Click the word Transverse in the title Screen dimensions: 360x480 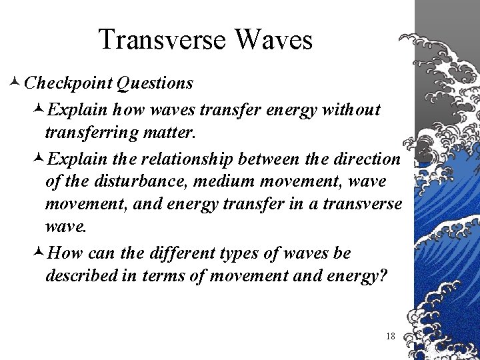point(161,40)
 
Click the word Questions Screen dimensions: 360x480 point(155,83)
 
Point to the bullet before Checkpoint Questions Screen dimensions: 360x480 point(16,83)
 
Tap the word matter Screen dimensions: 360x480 point(166,133)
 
